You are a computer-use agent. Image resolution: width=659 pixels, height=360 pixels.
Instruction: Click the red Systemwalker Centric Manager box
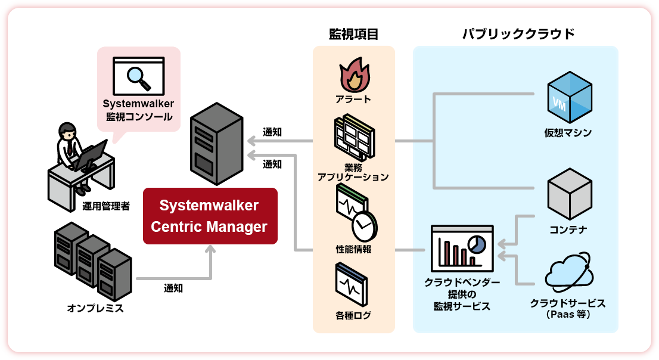pyautogui.click(x=210, y=216)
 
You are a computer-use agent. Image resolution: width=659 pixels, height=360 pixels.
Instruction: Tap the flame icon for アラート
pyautogui.click(x=355, y=76)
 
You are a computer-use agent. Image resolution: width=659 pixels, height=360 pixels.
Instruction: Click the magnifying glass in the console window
pyautogui.click(x=138, y=75)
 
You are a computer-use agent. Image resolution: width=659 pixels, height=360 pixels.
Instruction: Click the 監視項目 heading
pyautogui.click(x=354, y=34)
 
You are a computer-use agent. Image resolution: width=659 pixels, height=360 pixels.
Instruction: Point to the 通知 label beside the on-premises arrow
pyautogui.click(x=173, y=288)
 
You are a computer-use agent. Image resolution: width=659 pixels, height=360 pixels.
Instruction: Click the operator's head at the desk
pyautogui.click(x=67, y=131)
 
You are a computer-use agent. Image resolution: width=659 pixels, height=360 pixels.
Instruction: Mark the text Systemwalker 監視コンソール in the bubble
pyautogui.click(x=138, y=110)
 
